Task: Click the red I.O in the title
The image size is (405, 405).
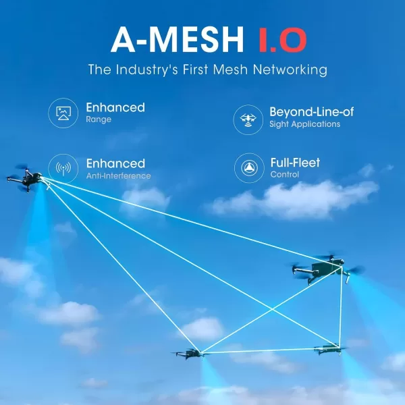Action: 282,40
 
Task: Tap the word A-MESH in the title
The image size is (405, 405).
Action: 178,40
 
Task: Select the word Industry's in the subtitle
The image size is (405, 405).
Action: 146,70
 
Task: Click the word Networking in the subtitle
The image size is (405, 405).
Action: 290,70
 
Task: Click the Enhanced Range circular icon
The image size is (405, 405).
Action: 63,113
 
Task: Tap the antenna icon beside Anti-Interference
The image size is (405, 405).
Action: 63,169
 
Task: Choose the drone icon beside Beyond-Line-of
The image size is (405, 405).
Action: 248,119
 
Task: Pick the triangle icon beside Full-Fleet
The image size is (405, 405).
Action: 249,168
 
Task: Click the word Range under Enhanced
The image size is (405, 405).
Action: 99,119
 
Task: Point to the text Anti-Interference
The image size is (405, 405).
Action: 119,176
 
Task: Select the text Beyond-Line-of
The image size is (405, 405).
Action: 311,112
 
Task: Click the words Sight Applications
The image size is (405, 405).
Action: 305,124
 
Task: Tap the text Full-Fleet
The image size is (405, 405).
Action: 295,163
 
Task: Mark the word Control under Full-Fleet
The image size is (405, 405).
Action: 285,175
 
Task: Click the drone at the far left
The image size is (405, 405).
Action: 26,178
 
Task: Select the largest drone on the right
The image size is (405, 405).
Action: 327,269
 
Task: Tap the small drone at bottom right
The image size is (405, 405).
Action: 329,349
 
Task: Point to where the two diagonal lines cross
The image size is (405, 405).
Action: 272,309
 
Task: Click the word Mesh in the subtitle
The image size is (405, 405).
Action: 230,70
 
